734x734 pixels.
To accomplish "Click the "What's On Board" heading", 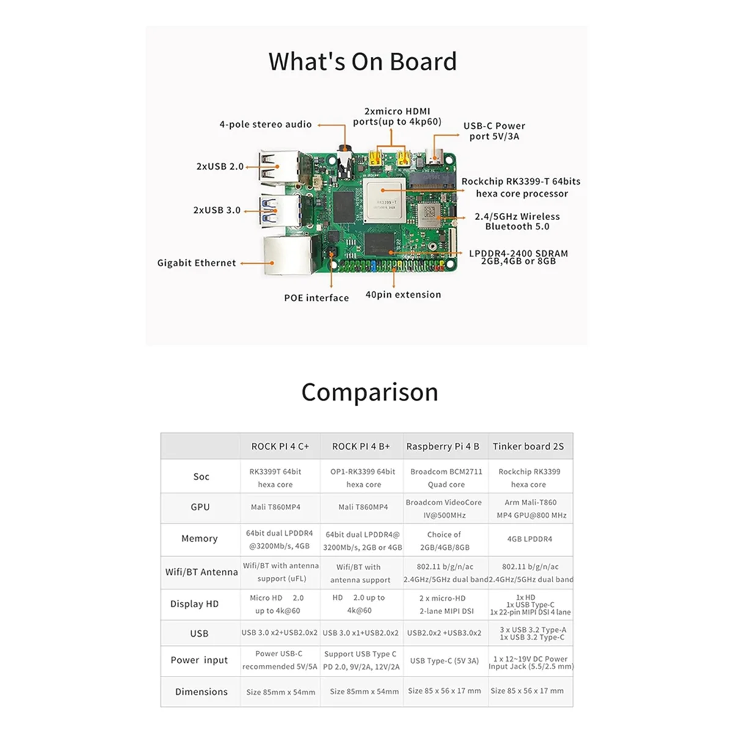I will tap(363, 62).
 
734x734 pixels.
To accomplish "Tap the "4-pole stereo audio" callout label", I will tap(265, 124).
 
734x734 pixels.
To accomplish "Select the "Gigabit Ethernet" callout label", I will tap(196, 263).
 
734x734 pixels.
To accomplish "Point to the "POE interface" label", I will tap(316, 298).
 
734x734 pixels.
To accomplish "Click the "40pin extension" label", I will tap(403, 295).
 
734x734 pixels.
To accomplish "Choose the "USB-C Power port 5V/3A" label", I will tap(494, 131).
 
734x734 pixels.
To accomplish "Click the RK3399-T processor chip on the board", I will tap(387, 201).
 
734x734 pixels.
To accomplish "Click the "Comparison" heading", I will tap(369, 392).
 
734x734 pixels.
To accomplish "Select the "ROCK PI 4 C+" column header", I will tap(280, 447).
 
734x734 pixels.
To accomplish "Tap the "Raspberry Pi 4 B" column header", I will tap(443, 447).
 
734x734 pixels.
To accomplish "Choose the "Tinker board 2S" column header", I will tap(528, 447).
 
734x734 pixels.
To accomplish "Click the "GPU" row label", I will tap(200, 507).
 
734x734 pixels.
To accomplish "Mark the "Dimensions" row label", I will tap(201, 692).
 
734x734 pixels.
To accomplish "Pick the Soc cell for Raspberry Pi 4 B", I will tap(446, 478).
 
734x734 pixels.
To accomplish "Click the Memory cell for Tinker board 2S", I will tap(530, 539).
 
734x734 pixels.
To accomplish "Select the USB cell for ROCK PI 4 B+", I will tap(360, 633).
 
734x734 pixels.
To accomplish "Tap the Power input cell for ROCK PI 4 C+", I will tap(280, 660).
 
